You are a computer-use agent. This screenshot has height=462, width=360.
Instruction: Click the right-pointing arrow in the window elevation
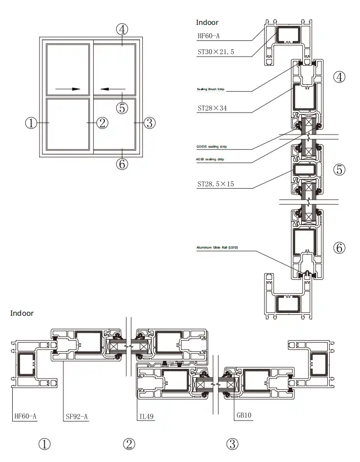pos(68,89)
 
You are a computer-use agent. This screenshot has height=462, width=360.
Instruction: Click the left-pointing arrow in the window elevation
pos(113,89)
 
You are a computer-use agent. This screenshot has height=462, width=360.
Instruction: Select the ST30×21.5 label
pos(216,51)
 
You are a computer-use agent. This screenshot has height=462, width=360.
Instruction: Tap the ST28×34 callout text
pos(212,108)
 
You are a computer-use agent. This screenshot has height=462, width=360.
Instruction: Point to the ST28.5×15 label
pos(216,185)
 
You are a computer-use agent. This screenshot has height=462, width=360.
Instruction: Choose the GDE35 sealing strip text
pos(211,146)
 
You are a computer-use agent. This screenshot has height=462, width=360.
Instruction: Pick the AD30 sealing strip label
pos(210,159)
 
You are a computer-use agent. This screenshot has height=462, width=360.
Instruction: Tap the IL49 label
pos(146,416)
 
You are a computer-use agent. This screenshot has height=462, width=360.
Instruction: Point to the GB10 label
pos(243,416)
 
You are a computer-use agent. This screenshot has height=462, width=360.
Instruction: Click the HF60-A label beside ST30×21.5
pos(209,36)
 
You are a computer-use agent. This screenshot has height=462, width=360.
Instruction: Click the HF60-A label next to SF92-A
pos(25,416)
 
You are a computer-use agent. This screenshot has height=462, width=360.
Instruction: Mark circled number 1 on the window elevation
pos(31,123)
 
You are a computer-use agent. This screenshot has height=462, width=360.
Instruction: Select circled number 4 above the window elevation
pos(122,29)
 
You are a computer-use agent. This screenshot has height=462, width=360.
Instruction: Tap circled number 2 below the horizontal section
pos(129,444)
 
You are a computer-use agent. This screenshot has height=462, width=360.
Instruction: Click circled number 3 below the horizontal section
pos(233,444)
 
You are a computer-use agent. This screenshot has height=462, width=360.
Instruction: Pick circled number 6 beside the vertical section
pos(339,248)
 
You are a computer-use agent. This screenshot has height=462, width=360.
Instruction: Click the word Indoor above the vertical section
pos(207,22)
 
